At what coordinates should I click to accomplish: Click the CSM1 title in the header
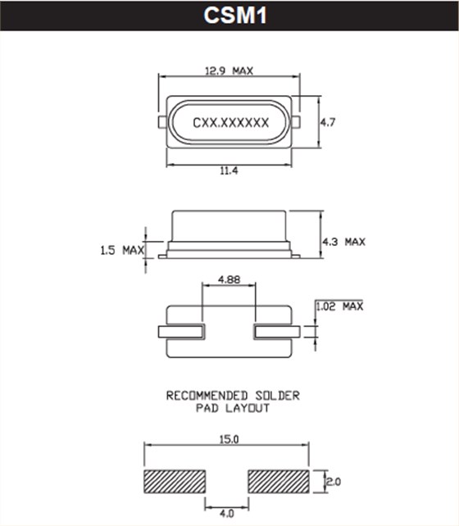(229, 16)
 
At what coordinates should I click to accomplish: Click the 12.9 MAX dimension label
(229, 70)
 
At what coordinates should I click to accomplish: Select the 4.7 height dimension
(328, 122)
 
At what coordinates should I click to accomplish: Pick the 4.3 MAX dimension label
(343, 242)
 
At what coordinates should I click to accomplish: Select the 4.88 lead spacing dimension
(229, 279)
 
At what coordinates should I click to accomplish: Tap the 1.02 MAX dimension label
(339, 306)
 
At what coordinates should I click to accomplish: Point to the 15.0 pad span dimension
(229, 440)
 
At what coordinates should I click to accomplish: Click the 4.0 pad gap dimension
(228, 514)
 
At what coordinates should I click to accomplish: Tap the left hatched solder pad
(175, 482)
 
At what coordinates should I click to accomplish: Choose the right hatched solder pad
(280, 482)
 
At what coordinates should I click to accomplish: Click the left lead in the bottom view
(180, 331)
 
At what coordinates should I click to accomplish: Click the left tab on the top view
(162, 121)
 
